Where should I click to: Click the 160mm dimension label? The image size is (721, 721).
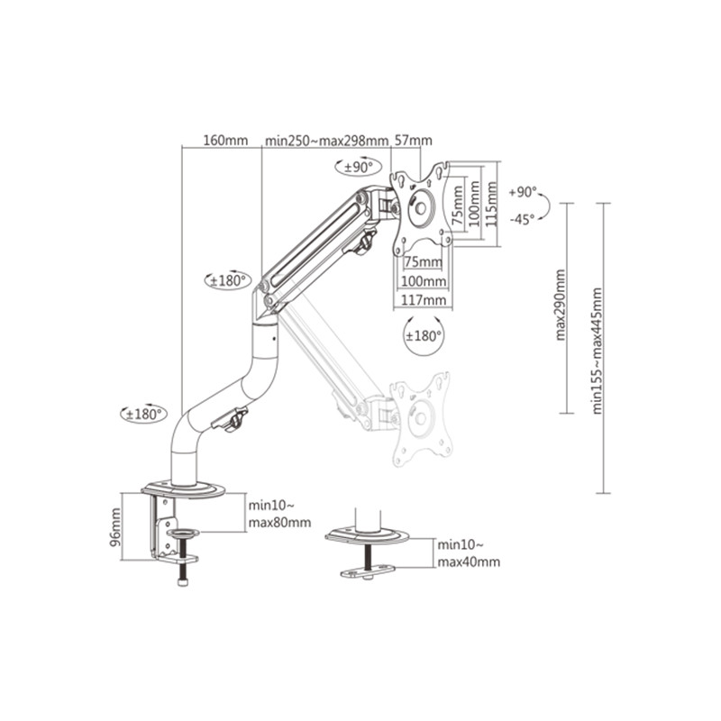pyautogui.click(x=225, y=141)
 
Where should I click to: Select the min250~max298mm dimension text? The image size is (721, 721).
pyautogui.click(x=326, y=141)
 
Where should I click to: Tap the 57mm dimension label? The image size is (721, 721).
pyautogui.click(x=414, y=141)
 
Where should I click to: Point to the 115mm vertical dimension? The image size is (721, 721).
pyautogui.click(x=491, y=204)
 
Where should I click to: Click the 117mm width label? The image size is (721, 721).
pyautogui.click(x=424, y=300)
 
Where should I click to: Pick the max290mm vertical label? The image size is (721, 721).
pyautogui.click(x=560, y=305)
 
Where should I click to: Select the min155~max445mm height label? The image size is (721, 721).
pyautogui.click(x=597, y=351)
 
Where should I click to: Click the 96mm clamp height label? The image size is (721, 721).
pyautogui.click(x=115, y=527)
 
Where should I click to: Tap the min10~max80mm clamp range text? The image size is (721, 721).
pyautogui.click(x=279, y=514)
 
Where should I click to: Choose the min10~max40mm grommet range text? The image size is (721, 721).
pyautogui.click(x=469, y=553)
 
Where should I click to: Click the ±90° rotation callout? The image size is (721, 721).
pyautogui.click(x=359, y=168)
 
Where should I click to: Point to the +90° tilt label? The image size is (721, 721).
pyautogui.click(x=523, y=192)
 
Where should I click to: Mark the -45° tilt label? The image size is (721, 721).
pyautogui.click(x=523, y=219)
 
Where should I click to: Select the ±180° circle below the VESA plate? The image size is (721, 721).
pyautogui.click(x=423, y=335)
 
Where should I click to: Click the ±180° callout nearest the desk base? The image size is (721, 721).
pyautogui.click(x=144, y=415)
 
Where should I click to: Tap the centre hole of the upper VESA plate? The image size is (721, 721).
pyautogui.click(x=420, y=208)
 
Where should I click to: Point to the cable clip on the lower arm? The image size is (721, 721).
pyautogui.click(x=231, y=420)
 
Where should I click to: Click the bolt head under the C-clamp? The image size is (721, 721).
pyautogui.click(x=184, y=582)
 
